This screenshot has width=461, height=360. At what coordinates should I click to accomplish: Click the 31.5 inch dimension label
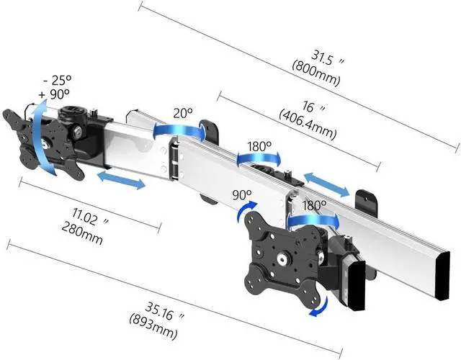(327, 58)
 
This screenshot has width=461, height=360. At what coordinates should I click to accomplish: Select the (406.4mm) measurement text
(308, 125)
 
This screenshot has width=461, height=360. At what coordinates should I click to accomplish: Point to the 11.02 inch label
(90, 217)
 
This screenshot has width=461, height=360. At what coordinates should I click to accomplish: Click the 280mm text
(82, 233)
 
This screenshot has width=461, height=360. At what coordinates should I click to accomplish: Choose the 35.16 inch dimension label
(164, 312)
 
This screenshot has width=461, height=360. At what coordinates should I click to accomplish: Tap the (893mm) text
(153, 326)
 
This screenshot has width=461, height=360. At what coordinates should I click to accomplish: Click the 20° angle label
(182, 113)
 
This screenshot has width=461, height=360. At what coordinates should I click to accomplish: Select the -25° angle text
(58, 80)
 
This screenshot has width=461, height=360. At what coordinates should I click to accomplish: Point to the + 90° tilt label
(54, 94)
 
